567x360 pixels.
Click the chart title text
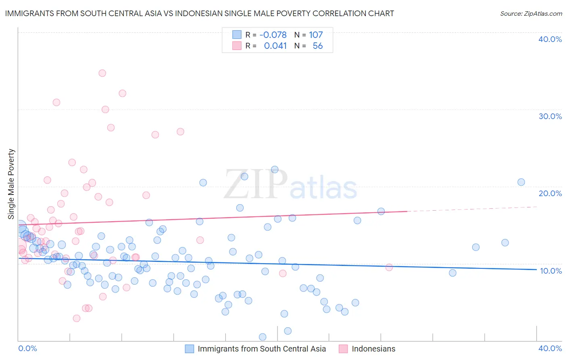199,13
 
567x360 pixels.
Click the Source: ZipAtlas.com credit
531,13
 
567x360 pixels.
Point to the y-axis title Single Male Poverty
11,184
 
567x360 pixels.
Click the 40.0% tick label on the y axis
550,39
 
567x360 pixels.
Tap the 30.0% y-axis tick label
550,116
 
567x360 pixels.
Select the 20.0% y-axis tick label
550,193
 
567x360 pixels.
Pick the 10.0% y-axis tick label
550,271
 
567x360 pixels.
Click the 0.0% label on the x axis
27,348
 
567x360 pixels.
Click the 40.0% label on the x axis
550,348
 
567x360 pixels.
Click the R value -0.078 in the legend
273,35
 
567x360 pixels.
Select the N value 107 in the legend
316,35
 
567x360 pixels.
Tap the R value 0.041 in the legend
275,46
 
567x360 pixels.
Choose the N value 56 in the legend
317,46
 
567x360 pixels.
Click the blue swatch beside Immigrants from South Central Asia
190,349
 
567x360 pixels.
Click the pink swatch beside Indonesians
343,349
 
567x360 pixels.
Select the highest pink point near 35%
102,73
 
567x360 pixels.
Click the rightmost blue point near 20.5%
521,182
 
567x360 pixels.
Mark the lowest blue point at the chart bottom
263,337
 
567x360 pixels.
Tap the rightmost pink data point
389,267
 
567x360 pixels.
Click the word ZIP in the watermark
256,184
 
